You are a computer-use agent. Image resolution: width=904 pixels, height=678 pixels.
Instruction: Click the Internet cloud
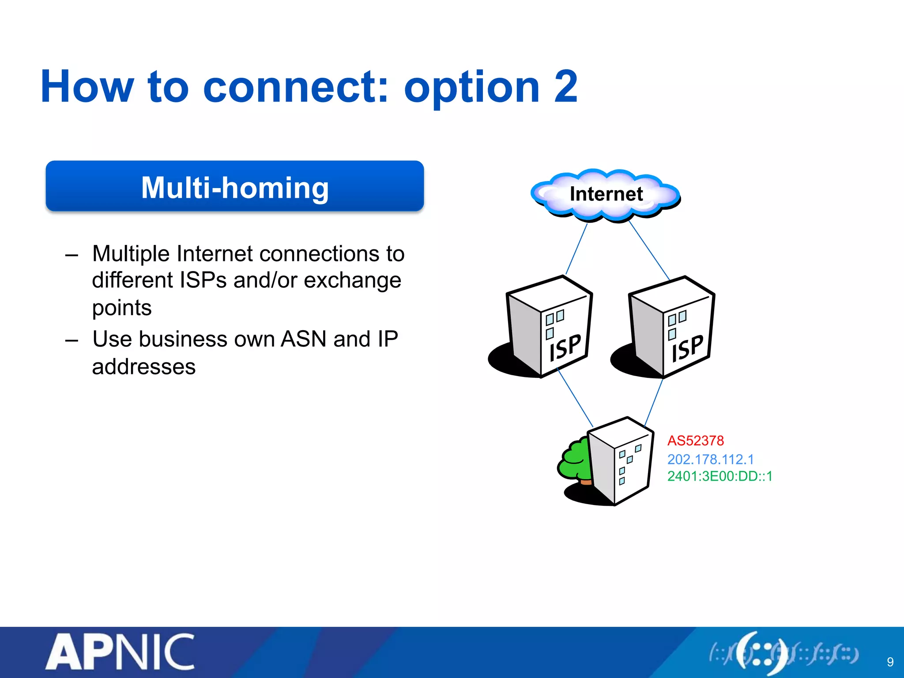click(x=606, y=194)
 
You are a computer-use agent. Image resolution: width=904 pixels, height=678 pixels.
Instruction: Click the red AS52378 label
click(x=695, y=441)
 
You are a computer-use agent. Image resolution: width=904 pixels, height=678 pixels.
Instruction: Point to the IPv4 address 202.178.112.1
click(x=710, y=459)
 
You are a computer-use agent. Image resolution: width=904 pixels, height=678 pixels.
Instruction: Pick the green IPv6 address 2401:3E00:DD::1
click(x=719, y=476)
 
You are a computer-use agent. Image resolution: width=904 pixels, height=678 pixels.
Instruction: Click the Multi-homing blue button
click(x=235, y=186)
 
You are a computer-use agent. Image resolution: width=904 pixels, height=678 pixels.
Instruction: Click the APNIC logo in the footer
click(x=120, y=652)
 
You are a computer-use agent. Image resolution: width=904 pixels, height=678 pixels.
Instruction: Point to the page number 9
click(x=890, y=662)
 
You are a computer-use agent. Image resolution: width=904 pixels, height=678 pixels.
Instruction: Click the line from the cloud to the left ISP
click(x=576, y=249)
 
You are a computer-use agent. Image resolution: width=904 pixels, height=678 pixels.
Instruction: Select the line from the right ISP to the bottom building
click(x=654, y=403)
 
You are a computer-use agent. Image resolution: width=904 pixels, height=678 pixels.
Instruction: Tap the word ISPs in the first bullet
click(x=203, y=280)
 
